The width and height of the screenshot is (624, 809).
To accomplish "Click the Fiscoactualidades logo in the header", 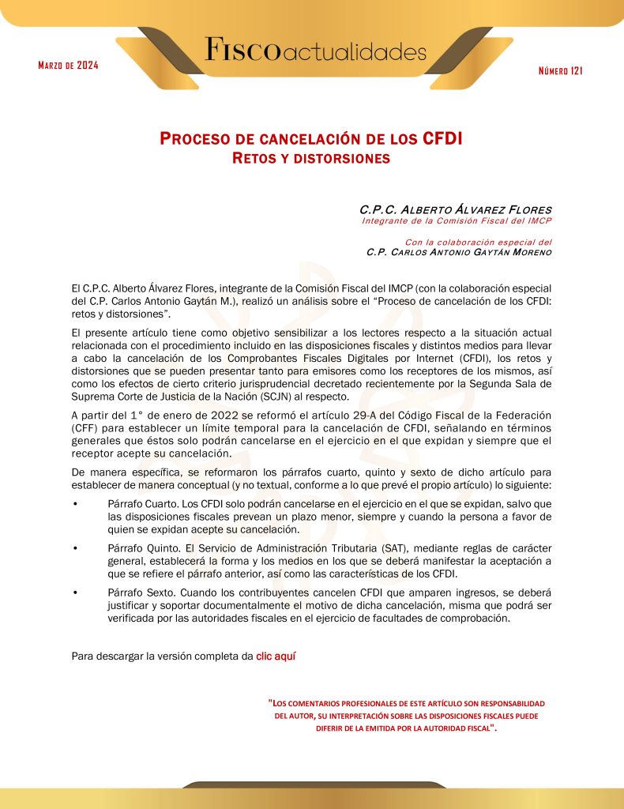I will point(316,52).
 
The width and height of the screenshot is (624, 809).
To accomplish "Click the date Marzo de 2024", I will point(68,65).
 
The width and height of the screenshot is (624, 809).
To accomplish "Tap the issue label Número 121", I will point(560,72).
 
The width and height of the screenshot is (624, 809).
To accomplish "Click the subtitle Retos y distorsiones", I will point(311,158).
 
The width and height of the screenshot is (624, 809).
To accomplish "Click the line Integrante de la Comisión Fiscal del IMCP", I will point(457,221).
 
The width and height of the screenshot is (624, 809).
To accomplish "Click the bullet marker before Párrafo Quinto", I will point(75,548).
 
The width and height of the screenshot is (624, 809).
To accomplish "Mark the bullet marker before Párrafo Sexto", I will point(75,592).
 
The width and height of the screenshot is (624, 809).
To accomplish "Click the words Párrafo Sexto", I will point(137,592).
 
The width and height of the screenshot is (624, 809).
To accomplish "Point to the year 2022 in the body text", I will point(190,416).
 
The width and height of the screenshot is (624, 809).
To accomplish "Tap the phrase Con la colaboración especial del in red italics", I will point(478,242).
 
